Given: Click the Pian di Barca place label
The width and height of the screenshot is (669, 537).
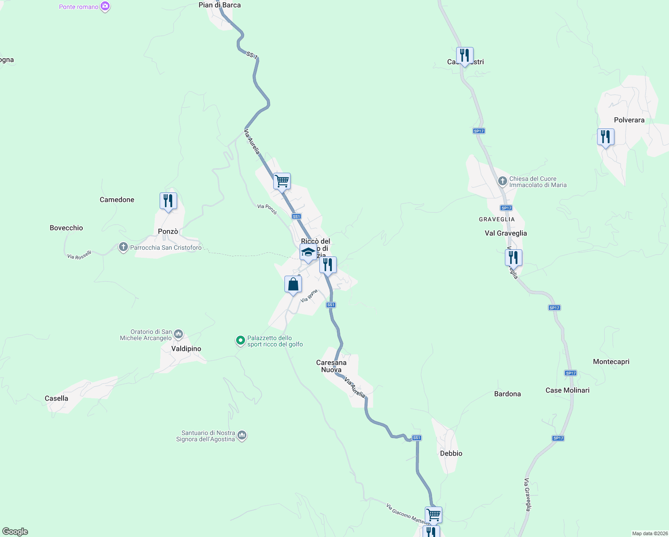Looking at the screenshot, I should [x=220, y=5].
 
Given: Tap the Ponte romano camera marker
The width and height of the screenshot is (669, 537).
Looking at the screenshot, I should [x=105, y=7].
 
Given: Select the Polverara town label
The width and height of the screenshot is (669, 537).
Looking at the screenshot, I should [x=629, y=120].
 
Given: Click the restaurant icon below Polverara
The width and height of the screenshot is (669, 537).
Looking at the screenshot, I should [x=605, y=137].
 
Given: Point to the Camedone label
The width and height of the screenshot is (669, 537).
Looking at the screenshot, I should [x=117, y=200].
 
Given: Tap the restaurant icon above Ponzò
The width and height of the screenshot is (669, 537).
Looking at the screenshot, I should [x=168, y=201].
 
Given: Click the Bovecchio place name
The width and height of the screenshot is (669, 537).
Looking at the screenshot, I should [x=66, y=228].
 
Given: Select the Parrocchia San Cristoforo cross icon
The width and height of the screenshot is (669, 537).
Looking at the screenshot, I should [x=123, y=247].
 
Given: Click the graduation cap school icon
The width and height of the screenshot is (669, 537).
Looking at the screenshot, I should [x=308, y=252].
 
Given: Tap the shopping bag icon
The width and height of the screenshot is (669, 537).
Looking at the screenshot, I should [x=293, y=284].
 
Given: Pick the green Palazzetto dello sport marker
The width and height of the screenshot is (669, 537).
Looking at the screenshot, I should [x=241, y=341].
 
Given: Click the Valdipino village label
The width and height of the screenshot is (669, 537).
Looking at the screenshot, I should [x=186, y=349].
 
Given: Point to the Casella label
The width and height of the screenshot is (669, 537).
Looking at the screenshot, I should [x=56, y=398].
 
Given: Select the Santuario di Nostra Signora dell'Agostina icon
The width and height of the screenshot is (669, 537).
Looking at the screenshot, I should [x=242, y=435].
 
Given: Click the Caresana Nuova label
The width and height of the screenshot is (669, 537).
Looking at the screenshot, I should [x=331, y=366].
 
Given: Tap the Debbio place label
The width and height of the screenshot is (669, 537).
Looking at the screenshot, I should [x=451, y=453].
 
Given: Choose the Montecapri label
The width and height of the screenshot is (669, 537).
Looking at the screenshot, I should [x=611, y=362].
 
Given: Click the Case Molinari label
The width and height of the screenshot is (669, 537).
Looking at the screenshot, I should [x=567, y=390].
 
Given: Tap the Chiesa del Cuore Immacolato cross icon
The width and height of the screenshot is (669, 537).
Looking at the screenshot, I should [x=503, y=181].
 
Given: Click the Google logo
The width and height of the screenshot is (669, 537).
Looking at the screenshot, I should [x=15, y=532].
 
